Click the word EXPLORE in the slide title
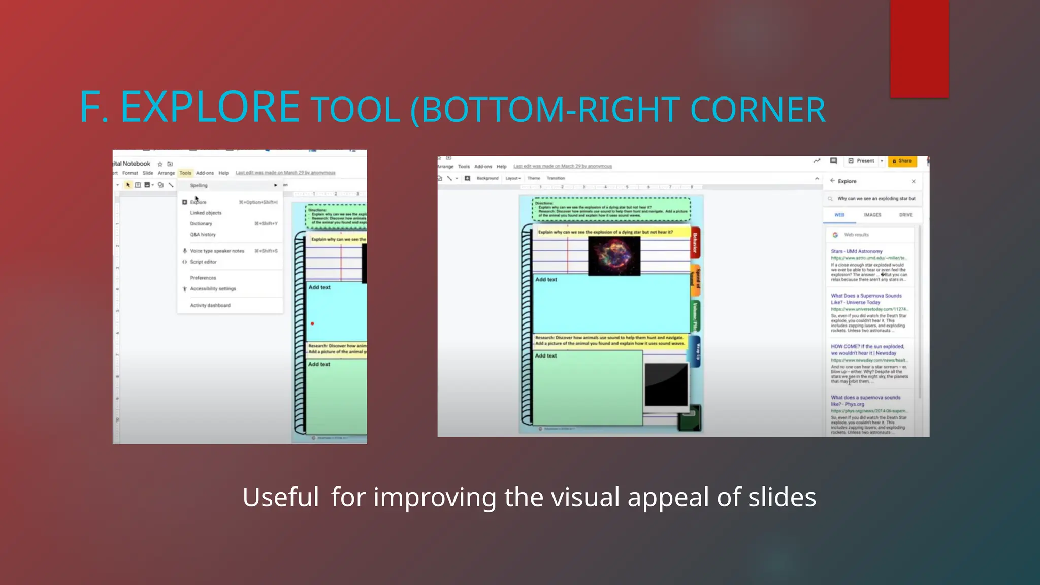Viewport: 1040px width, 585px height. click(210, 107)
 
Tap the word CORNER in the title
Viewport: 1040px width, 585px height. click(758, 110)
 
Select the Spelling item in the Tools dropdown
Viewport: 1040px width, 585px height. click(199, 186)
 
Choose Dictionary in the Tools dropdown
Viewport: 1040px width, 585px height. click(201, 224)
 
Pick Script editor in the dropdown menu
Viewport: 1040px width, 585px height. click(203, 262)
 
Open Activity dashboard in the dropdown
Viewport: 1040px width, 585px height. click(210, 306)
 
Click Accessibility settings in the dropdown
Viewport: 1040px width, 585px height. click(213, 289)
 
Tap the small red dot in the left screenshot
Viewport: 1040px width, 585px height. click(312, 323)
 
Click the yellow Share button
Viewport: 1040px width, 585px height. click(902, 161)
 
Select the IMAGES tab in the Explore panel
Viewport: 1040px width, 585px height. click(872, 215)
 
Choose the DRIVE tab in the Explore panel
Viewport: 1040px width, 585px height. click(905, 215)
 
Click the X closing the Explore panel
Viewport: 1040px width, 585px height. click(913, 181)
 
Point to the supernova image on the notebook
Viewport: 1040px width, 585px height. click(614, 256)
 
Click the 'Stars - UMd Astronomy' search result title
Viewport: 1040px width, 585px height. click(857, 251)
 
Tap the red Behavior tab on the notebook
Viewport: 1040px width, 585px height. click(695, 243)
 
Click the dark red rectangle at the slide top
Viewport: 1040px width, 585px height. click(919, 48)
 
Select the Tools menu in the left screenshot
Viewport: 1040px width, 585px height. click(185, 173)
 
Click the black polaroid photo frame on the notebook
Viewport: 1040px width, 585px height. click(666, 384)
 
